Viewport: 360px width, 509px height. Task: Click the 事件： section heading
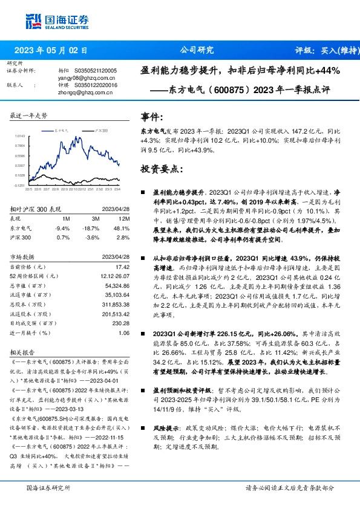[151, 117]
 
